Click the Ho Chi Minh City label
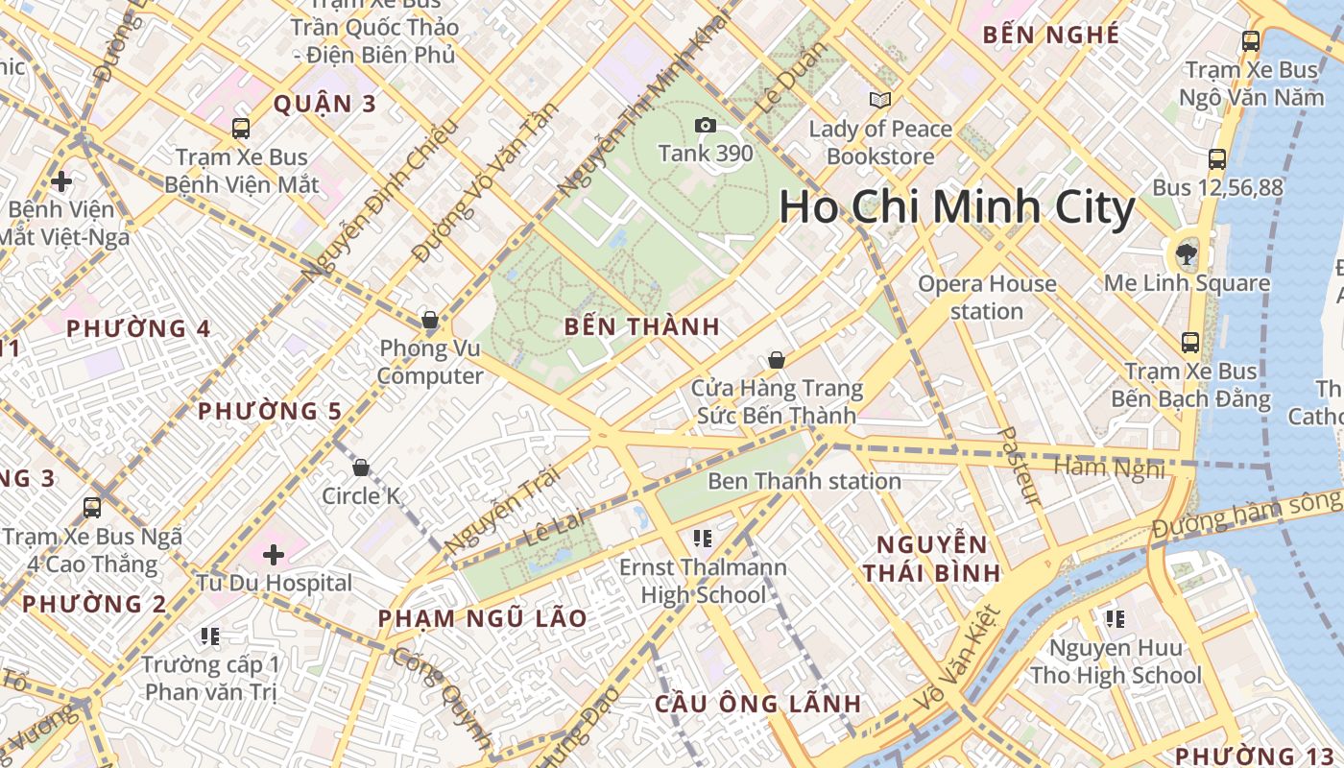point(956,207)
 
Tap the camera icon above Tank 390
point(705,126)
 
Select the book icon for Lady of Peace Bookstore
point(879,100)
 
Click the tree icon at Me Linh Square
point(1187,254)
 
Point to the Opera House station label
point(987,297)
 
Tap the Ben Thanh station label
point(804,481)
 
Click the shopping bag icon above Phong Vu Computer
point(430,320)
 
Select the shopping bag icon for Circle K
point(361,468)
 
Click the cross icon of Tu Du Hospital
point(274,554)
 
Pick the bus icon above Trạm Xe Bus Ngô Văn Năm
point(1250,41)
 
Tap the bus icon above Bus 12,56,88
point(1217,159)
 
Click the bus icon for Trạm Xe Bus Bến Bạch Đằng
point(1190,343)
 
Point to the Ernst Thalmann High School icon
point(703,539)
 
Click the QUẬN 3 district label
point(324,104)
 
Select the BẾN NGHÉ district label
point(1051,36)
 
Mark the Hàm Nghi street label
point(1109,468)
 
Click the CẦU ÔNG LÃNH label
point(757,704)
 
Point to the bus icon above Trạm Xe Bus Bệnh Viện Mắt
point(241,129)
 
